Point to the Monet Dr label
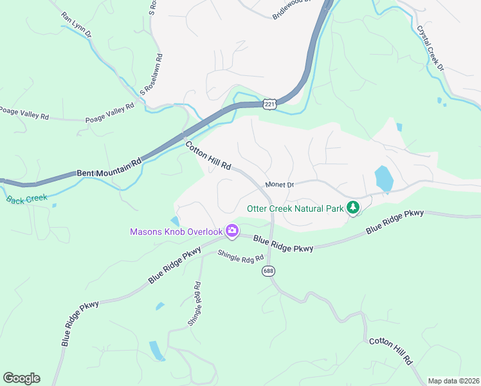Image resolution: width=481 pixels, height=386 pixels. [279, 185]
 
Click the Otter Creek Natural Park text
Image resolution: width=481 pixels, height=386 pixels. [295, 208]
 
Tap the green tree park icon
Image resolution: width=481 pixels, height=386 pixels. [352, 207]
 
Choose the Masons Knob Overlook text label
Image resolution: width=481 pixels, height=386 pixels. [176, 232]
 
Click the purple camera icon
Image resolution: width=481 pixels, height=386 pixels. [231, 231]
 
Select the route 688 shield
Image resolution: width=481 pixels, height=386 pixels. [269, 272]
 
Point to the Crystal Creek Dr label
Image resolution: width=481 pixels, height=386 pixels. [430, 47]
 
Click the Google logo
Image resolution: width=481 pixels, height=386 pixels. [21, 378]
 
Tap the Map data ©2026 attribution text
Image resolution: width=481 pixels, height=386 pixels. [453, 381]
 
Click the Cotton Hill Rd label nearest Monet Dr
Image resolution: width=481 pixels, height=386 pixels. [208, 156]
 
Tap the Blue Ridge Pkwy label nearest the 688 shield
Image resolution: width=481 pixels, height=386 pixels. [283, 244]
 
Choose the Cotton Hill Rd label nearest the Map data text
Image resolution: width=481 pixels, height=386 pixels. [390, 351]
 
